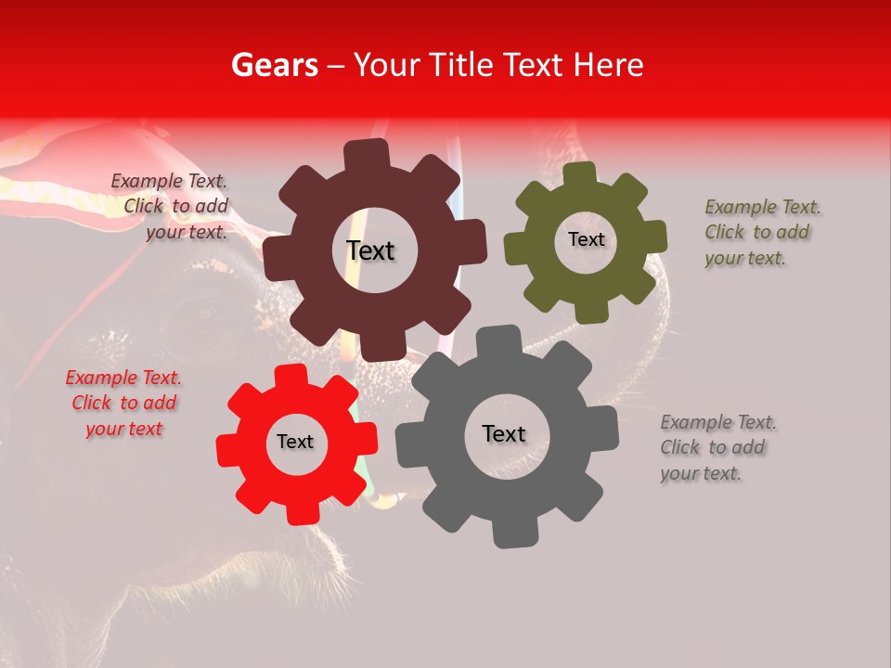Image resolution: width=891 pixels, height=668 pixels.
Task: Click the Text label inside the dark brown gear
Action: [370, 250]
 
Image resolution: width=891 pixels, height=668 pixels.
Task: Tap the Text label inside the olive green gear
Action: [586, 239]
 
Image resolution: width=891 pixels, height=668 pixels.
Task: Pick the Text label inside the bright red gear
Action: [295, 443]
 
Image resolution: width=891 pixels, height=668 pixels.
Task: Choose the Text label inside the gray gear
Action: [504, 434]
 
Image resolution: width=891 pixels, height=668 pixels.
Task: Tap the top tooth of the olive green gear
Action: [579, 175]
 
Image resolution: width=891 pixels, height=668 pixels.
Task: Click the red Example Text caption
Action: [123, 404]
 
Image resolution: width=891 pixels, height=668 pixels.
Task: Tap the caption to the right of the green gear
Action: [761, 232]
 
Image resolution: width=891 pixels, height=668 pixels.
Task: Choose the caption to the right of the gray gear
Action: [717, 447]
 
